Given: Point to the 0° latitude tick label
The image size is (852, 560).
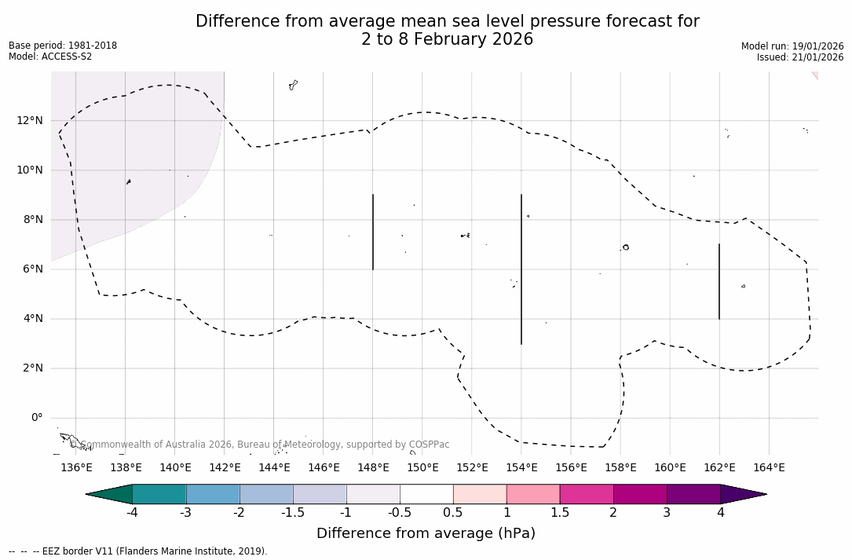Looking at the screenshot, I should point(36,418).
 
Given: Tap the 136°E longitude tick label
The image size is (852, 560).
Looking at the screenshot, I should point(76,468).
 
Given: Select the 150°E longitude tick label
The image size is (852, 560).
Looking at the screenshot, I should point(422,468).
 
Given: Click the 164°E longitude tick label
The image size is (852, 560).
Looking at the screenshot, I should point(769,468).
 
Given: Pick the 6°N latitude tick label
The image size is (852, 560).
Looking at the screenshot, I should point(33,269).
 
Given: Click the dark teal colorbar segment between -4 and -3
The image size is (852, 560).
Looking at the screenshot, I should point(159,494).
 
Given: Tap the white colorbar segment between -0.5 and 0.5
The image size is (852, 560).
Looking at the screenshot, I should point(426,494).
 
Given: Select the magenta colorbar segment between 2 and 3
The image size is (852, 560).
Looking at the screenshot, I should point(640,494).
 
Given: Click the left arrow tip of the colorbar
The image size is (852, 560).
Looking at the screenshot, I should point(89,494).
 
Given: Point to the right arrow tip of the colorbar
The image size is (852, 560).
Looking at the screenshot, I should point(764,494).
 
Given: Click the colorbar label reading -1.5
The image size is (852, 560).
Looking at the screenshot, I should point(293,513).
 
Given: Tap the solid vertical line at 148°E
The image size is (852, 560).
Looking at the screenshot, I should point(373,232).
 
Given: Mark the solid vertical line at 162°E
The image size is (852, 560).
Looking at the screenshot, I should point(719,281).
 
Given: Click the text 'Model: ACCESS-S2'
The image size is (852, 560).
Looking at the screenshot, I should point(50,57).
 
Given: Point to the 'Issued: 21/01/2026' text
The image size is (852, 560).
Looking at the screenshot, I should point(800,57).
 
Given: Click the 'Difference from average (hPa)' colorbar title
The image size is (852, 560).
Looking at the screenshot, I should point(426,533).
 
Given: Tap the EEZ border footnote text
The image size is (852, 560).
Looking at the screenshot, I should point(137,551).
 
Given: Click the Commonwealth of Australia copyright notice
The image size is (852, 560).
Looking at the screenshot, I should point(259,445).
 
